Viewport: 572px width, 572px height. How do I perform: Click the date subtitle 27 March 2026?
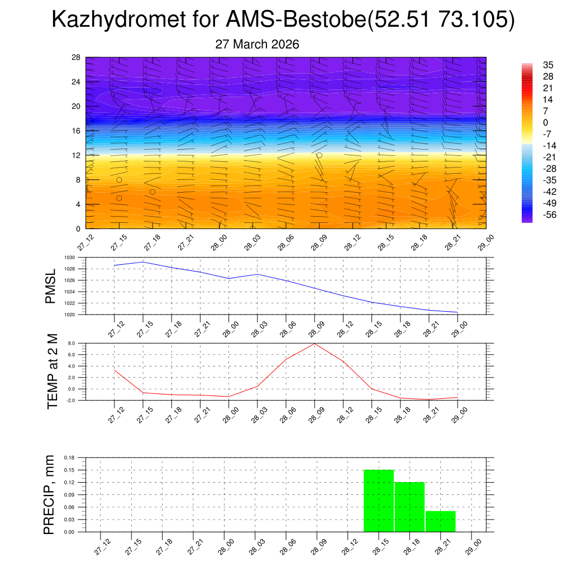tap(257, 45)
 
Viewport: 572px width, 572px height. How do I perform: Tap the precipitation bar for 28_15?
tap(379, 500)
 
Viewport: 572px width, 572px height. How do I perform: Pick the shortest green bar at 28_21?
tap(441, 521)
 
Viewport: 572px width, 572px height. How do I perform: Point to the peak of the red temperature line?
tap(314, 344)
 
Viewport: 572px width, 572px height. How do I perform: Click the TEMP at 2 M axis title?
tap(53, 371)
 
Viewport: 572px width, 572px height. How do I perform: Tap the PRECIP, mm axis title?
tap(50, 495)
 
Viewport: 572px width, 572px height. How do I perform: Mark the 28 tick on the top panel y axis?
tap(76, 58)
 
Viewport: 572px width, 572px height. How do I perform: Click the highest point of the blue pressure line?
tap(144, 262)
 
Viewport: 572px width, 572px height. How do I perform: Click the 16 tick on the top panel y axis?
tap(76, 131)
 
